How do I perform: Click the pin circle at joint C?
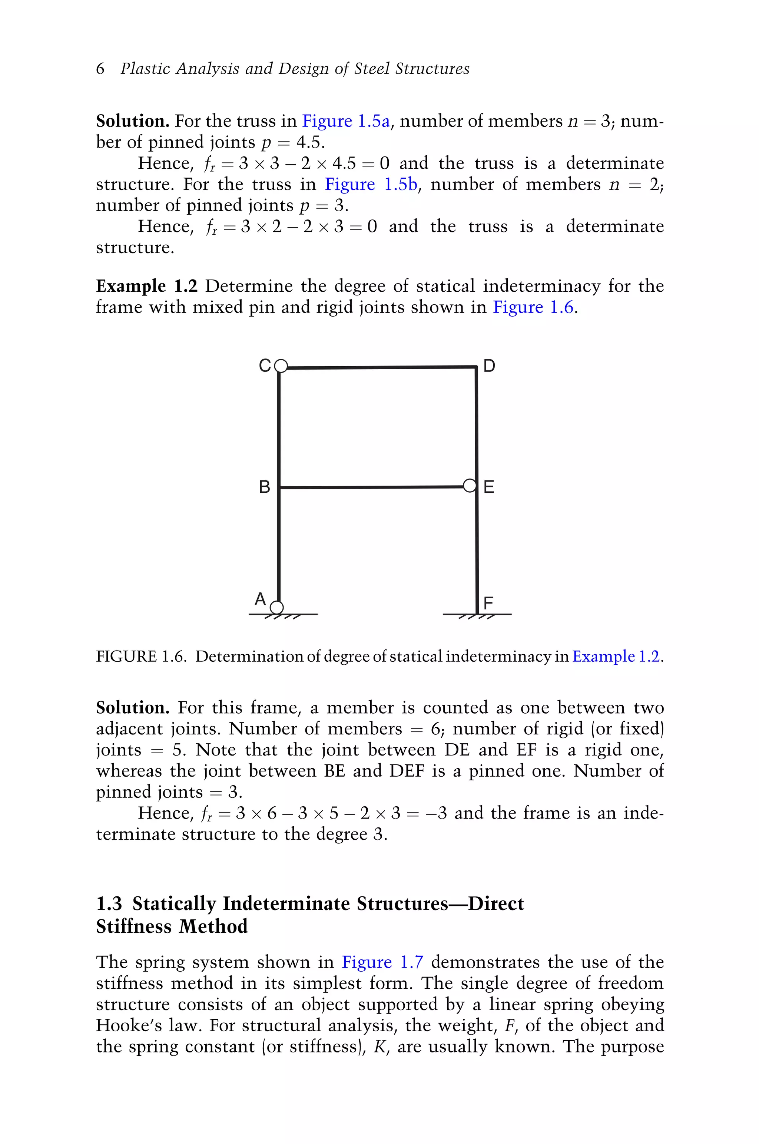click(281, 366)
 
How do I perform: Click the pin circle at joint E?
click(470, 486)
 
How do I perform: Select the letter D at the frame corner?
click(489, 366)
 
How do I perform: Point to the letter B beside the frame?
click(264, 486)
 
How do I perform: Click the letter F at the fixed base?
click(488, 603)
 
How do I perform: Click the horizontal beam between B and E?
click(373, 487)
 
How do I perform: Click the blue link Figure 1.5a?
click(346, 121)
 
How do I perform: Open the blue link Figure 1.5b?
click(371, 185)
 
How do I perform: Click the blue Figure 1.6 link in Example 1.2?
click(533, 307)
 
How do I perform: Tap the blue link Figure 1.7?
click(382, 962)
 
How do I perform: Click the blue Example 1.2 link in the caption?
click(616, 657)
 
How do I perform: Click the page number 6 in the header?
click(100, 68)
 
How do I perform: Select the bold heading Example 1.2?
click(147, 286)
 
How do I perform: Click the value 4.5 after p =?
click(309, 142)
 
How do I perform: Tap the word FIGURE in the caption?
click(126, 657)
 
